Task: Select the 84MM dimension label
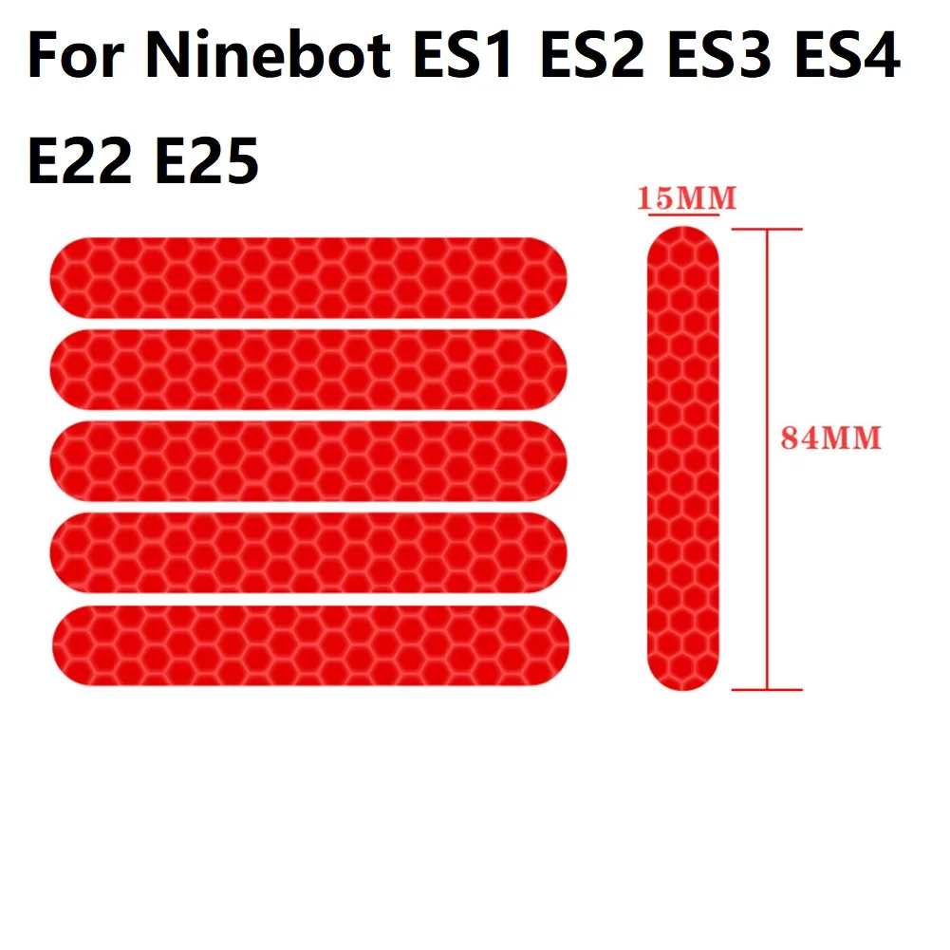pos(831,438)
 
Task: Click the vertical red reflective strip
pos(683,459)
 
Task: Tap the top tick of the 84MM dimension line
pos(767,229)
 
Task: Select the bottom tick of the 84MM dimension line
pos(767,690)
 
